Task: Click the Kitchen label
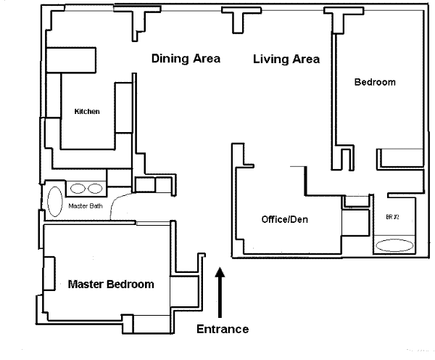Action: [87, 111]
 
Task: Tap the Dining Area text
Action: [186, 58]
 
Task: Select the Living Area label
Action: [286, 60]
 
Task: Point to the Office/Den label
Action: [285, 219]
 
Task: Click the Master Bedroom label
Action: [111, 285]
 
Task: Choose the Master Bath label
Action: [86, 206]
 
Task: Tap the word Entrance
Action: [223, 330]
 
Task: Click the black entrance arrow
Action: [220, 292]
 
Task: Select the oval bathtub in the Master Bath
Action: [55, 202]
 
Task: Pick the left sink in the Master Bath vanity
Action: [78, 189]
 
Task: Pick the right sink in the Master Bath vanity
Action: [95, 189]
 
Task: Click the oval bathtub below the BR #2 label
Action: [394, 245]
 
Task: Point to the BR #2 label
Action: [392, 217]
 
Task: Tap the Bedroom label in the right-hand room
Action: [375, 82]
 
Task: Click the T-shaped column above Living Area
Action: [241, 20]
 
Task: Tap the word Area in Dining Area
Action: [207, 58]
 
